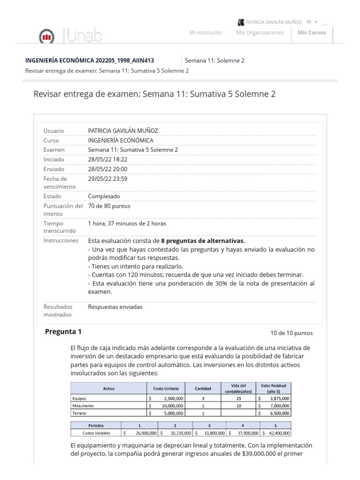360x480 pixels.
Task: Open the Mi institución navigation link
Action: click(206, 32)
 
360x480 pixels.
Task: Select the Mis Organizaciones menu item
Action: click(260, 32)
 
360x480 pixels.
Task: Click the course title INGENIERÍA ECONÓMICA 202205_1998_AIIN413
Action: click(90, 60)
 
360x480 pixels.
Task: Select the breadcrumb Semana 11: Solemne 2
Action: click(215, 60)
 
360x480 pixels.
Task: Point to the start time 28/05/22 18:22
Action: click(107, 159)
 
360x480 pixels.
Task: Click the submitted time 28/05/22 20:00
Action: click(107, 169)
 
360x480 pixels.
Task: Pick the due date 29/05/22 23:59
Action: click(107, 179)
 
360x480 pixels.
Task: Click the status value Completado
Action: click(104, 196)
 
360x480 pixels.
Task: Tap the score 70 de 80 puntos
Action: click(109, 206)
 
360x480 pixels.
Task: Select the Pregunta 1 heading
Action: click(63, 332)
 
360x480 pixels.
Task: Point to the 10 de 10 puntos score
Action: click(292, 333)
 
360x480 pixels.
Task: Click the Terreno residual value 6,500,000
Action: click(276, 413)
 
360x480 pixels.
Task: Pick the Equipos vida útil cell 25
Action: click(239, 398)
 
